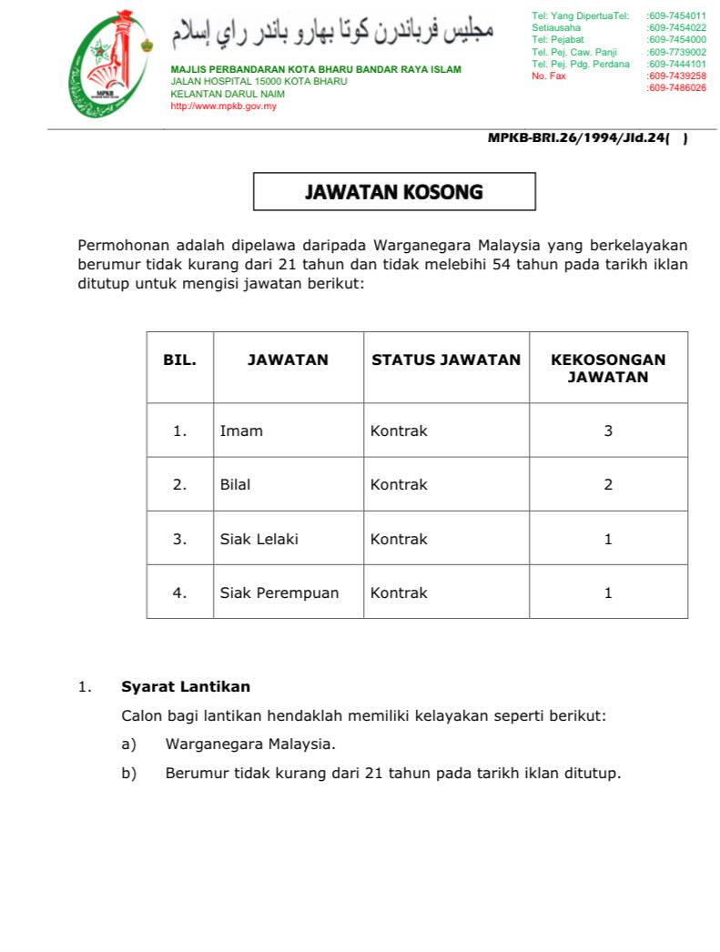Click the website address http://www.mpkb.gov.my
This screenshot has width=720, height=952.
pos(223,106)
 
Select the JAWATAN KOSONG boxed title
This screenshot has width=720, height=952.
pos(393,192)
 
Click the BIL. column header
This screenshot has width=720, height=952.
pos(179,360)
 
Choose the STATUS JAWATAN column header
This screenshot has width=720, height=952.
pos(446,360)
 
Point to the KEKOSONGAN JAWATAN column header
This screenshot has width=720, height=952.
pos(608,368)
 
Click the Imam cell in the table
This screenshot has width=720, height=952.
pos(241,430)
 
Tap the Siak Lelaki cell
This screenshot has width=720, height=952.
pos(259,539)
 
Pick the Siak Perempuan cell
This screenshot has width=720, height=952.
pos(279,592)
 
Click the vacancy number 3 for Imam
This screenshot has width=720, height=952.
pos(608,430)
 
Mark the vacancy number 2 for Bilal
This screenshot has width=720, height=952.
pos(608,484)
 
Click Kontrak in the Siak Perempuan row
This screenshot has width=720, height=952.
pos(399,592)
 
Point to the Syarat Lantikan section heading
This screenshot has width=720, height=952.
pos(186,686)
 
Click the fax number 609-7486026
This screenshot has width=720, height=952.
pos(676,88)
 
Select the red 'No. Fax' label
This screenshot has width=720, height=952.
pos(548,76)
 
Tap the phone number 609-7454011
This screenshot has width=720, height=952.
pos(676,16)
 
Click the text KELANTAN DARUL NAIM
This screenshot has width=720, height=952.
pos(228,94)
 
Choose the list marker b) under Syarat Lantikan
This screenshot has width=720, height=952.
pos(128,773)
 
